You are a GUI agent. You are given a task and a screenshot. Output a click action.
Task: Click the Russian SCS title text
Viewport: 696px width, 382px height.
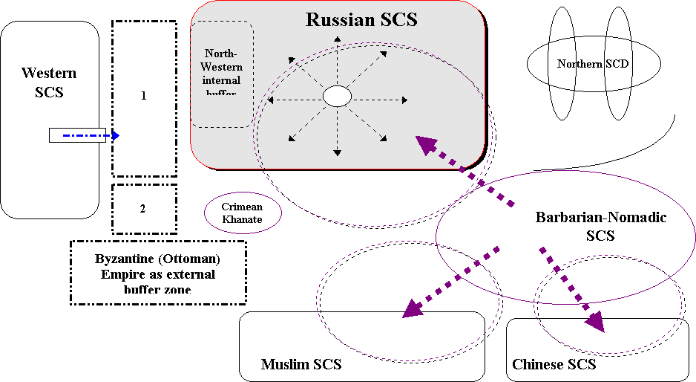[x=361, y=20]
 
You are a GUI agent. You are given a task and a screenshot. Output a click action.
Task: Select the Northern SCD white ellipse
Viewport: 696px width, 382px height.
[x=593, y=64]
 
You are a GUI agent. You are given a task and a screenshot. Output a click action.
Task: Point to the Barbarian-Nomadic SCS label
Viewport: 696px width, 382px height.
[x=600, y=226]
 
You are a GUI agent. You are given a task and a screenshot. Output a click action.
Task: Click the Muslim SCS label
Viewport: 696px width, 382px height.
[x=301, y=364]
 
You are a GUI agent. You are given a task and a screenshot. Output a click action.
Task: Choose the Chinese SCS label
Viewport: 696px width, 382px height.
[x=554, y=364]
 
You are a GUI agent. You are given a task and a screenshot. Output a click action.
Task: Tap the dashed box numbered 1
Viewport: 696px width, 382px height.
[x=144, y=97]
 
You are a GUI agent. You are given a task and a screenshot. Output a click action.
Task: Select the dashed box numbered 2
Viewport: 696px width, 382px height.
[x=143, y=208]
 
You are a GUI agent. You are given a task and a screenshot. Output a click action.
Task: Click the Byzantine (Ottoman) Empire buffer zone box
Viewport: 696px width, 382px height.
[x=158, y=273]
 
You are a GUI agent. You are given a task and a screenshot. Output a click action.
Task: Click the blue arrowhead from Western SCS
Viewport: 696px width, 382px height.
[x=115, y=135]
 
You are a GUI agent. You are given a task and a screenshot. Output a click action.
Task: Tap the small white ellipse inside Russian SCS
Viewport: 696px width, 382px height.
[x=337, y=97]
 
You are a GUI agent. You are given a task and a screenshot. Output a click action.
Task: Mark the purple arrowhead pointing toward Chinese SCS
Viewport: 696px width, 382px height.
[x=593, y=322]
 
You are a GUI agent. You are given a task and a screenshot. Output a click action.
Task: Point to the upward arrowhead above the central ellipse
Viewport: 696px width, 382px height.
[x=337, y=39]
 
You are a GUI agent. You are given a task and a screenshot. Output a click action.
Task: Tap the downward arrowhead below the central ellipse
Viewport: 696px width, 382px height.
[x=337, y=152]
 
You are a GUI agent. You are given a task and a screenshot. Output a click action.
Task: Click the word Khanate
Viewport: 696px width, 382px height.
[x=243, y=219]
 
